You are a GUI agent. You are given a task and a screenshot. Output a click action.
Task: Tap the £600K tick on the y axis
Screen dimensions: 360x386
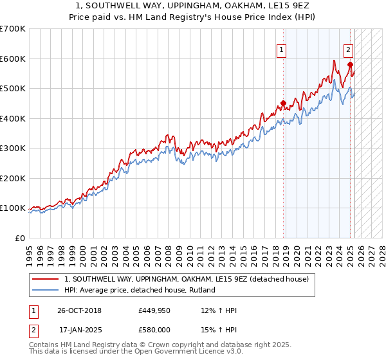[13, 59]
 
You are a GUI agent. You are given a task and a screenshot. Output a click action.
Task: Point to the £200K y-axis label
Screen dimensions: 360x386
[13, 178]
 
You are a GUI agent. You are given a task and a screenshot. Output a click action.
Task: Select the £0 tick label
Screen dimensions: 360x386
[20, 238]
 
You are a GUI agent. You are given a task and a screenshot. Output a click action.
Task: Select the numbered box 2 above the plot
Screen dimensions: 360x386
[348, 50]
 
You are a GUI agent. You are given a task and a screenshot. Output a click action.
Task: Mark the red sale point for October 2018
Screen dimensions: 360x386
[283, 103]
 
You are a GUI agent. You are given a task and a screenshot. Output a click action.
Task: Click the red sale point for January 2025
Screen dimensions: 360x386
[350, 64]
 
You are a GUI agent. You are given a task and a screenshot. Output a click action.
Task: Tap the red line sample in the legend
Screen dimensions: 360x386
[46, 279]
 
